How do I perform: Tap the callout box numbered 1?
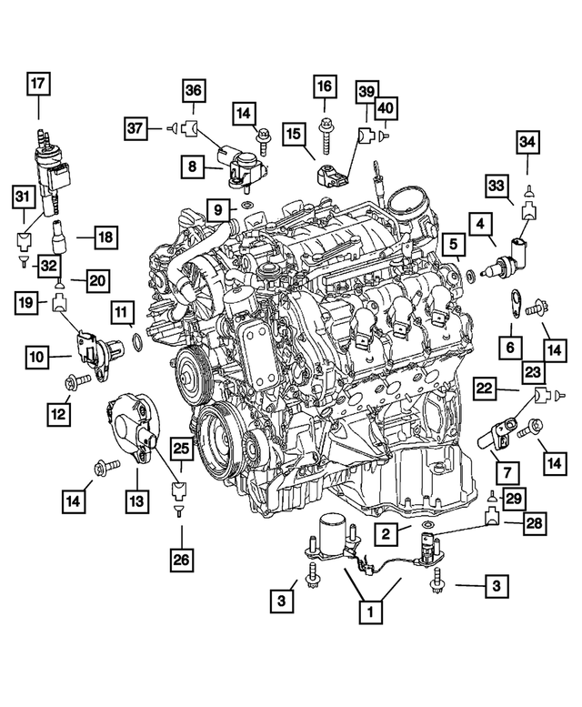pos(369,612)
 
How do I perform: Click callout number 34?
pos(528,142)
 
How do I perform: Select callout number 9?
pos(218,211)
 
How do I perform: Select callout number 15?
pos(293,135)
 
